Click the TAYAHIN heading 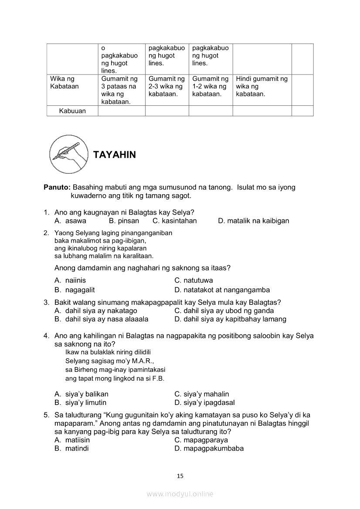click(114, 155)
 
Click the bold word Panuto click(57, 187)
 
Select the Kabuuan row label click(72, 111)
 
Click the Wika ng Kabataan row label click(65, 82)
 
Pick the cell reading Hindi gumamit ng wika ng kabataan click(262, 86)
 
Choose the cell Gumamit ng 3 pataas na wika click(119, 90)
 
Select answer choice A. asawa click(70, 221)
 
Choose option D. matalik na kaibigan click(253, 221)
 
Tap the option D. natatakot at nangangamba click(222, 290)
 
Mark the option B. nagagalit click(75, 290)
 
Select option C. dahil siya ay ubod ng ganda click(224, 311)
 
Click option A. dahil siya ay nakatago click(95, 311)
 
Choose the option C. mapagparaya click(201, 440)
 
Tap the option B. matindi click(71, 448)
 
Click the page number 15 click(180, 476)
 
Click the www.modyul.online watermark click(180, 494)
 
